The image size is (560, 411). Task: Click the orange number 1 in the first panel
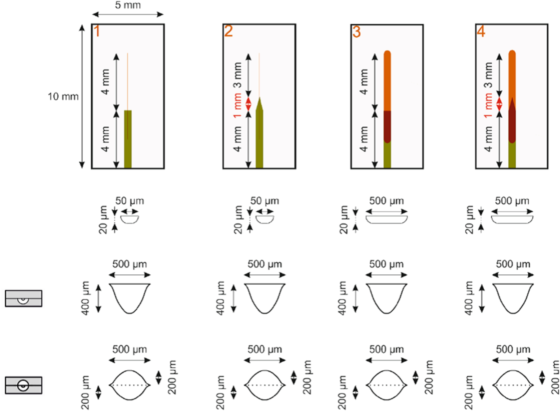click(97, 32)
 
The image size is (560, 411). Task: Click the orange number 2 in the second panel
click(228, 32)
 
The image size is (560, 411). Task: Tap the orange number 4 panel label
click(481, 32)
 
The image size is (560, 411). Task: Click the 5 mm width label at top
click(128, 5)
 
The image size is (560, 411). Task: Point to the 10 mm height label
click(63, 97)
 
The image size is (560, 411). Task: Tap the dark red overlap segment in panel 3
click(387, 126)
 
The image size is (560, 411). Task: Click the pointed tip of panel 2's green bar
click(260, 100)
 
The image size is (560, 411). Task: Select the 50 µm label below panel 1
click(130, 201)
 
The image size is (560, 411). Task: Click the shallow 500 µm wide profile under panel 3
click(386, 219)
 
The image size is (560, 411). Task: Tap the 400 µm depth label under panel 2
click(221, 298)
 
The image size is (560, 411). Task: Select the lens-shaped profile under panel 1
click(130, 385)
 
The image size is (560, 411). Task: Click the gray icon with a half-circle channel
click(24, 298)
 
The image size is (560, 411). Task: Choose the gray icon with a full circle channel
click(24, 385)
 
